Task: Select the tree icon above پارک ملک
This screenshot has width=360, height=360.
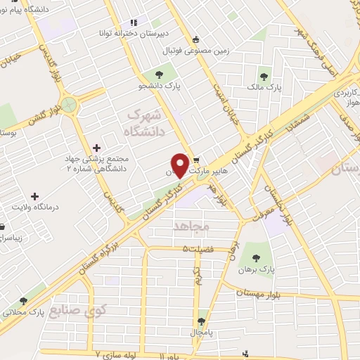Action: [264, 77]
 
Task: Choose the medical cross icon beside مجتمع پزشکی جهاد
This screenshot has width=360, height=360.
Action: [97, 148]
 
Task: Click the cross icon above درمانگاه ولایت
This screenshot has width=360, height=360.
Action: [34, 195]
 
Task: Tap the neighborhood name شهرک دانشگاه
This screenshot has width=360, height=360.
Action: [144, 122]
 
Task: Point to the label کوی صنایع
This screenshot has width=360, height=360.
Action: [103, 310]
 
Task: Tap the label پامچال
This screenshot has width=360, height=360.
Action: [200, 330]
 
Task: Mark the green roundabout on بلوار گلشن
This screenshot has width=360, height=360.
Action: [69, 105]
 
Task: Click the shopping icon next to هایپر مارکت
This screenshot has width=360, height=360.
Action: [197, 160]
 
